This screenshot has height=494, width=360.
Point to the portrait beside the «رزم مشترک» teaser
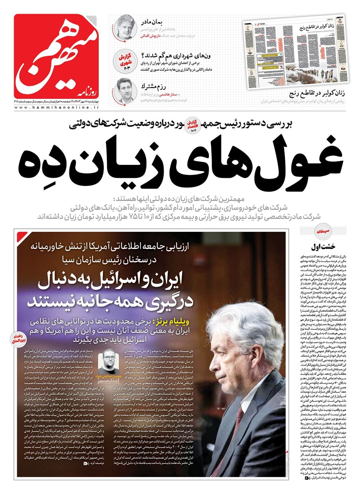[x=124, y=90]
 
